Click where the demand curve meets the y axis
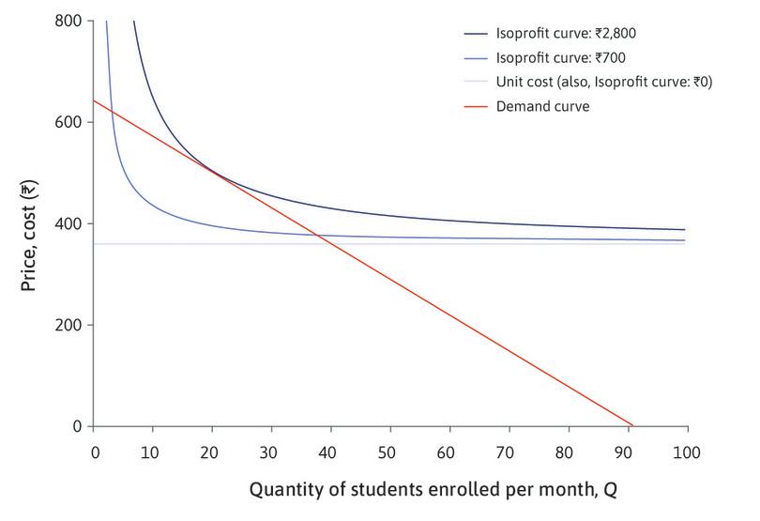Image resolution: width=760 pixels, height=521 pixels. (x=94, y=100)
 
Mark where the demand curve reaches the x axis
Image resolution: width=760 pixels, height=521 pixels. (x=634, y=426)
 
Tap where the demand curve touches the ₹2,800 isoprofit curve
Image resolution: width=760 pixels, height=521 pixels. (x=212, y=171)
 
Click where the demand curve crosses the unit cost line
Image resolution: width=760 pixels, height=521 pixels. (x=324, y=244)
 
